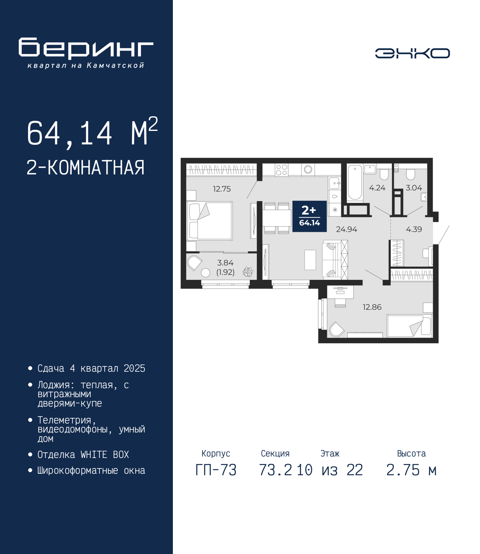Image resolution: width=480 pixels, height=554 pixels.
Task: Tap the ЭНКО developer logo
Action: (412, 53)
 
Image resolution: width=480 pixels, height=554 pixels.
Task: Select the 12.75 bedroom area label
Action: (222, 189)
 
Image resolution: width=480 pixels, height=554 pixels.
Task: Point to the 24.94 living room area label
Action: (346, 229)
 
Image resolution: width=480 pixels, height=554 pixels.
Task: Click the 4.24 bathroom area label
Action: (377, 188)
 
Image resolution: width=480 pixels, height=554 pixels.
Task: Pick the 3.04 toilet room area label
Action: (414, 188)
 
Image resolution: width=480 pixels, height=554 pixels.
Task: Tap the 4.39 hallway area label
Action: (414, 229)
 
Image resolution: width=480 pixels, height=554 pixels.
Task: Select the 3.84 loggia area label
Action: (225, 263)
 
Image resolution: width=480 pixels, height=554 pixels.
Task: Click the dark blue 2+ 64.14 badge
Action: (309, 216)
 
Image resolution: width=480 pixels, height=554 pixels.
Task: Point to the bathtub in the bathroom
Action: (355, 183)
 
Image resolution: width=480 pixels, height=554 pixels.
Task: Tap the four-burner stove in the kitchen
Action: (282, 170)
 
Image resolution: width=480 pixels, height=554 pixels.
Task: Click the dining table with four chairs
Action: (277, 218)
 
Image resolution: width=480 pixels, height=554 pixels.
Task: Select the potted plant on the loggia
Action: (248, 272)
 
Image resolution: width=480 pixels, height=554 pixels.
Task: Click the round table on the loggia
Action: (205, 273)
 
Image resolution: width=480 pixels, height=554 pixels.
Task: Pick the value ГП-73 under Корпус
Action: (216, 470)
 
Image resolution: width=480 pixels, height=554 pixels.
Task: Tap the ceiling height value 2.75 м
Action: (411, 470)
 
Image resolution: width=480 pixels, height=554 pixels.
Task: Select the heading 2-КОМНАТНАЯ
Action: (85, 168)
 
